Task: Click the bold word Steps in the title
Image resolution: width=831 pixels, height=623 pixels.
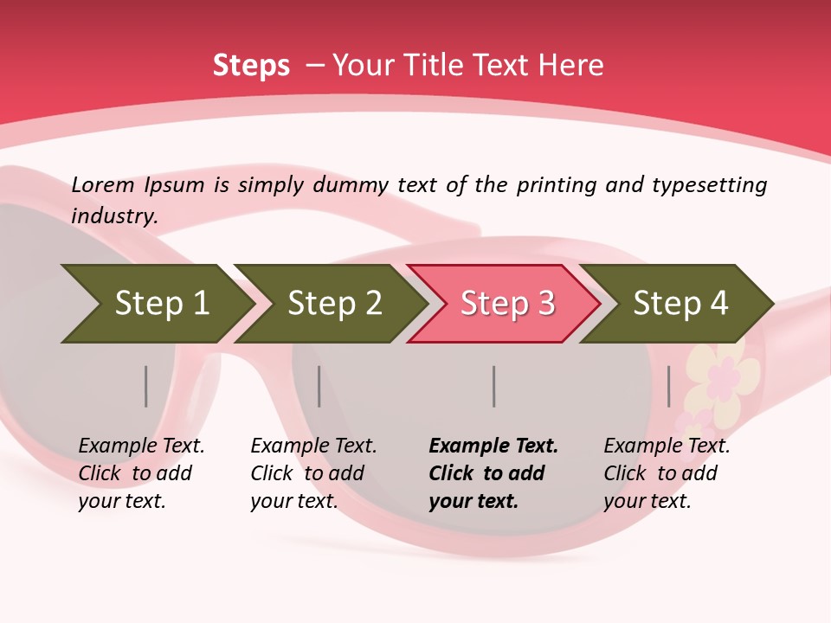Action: point(251,66)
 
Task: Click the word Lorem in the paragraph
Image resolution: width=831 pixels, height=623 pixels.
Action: point(103,185)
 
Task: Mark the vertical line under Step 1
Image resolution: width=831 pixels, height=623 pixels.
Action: point(145,386)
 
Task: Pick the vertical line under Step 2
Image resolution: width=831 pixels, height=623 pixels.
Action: point(319,386)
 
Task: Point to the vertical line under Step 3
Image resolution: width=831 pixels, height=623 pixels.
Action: point(493,386)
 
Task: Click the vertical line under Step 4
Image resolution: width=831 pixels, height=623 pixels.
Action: point(668,386)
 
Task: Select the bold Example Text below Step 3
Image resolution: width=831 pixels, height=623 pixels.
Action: point(493,446)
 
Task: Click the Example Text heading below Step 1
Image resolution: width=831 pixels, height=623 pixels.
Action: point(141,446)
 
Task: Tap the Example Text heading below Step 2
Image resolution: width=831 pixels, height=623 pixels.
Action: point(313,446)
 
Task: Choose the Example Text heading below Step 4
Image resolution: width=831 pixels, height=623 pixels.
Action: point(667,446)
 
